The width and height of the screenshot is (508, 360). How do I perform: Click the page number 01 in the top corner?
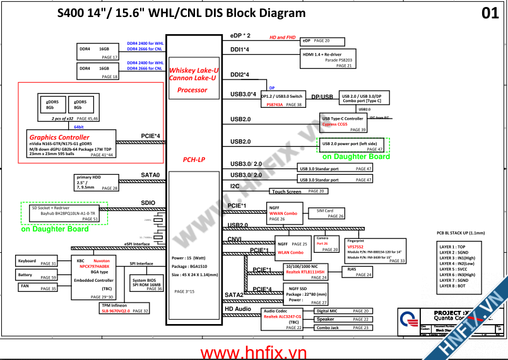(x=490, y=13)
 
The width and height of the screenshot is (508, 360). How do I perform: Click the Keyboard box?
(x=36, y=262)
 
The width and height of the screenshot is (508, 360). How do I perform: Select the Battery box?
(x=36, y=276)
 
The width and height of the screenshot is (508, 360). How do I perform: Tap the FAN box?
(x=36, y=287)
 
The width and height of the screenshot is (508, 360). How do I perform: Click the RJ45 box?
(x=357, y=272)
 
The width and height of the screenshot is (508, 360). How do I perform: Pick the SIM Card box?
(x=326, y=213)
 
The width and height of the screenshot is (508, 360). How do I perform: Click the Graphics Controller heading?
(x=59, y=137)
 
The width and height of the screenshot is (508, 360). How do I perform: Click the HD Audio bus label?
(x=238, y=309)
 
